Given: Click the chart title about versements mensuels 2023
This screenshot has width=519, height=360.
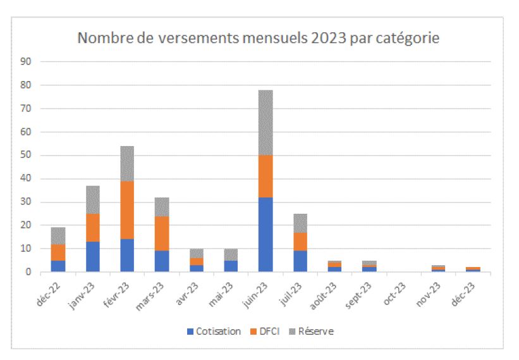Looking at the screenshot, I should [x=258, y=38].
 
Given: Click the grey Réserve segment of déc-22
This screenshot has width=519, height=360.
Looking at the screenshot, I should [x=58, y=235].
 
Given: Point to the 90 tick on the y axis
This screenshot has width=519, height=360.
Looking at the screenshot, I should [x=26, y=61].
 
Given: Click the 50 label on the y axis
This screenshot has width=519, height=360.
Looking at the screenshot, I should [x=26, y=155].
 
